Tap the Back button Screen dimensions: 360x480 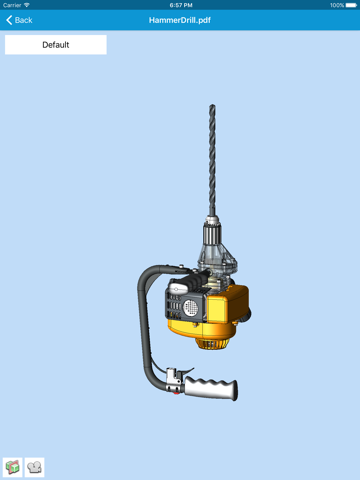click(x=19, y=20)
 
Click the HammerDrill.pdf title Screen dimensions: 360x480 click(x=180, y=20)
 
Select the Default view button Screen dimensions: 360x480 click(x=56, y=45)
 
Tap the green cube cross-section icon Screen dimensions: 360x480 click(x=13, y=467)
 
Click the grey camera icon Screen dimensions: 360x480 click(x=34, y=467)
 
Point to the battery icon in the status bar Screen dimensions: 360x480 click(x=351, y=5)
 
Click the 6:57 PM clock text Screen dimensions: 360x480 click(x=181, y=5)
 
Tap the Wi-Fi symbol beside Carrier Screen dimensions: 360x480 click(x=27, y=5)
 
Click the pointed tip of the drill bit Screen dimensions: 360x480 click(x=212, y=105)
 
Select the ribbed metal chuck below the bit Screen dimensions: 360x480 click(x=212, y=233)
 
